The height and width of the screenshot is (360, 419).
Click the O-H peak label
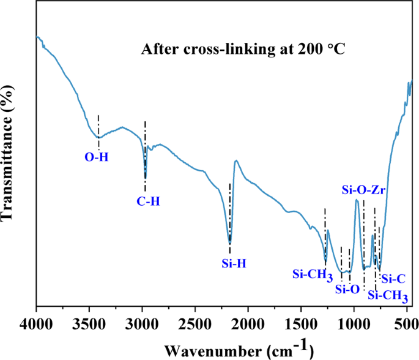click(x=96, y=157)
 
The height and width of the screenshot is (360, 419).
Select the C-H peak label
click(x=149, y=200)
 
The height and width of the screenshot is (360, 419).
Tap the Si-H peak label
click(x=233, y=264)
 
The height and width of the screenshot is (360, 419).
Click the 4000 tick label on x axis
click(x=37, y=321)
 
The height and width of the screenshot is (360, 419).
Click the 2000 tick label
click(x=248, y=321)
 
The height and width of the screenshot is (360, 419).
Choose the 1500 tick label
click(x=301, y=321)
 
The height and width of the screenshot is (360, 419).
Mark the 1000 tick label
click(x=354, y=321)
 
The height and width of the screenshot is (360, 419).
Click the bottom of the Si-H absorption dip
click(x=230, y=242)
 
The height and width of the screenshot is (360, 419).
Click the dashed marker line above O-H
click(x=98, y=126)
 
